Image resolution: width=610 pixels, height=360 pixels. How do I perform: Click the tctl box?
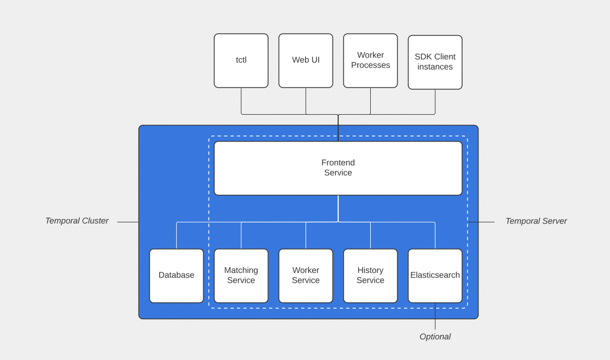(x=241, y=60)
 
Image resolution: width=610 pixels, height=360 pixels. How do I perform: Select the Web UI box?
(x=306, y=60)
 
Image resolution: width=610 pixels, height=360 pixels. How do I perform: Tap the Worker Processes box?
(x=370, y=60)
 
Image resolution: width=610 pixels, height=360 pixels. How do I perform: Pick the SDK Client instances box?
(x=435, y=62)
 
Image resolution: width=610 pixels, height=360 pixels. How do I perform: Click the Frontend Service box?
(x=338, y=168)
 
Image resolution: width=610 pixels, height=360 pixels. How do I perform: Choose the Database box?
(x=176, y=276)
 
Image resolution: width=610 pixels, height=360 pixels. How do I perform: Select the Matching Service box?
(x=241, y=276)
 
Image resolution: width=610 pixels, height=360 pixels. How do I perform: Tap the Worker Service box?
(x=306, y=276)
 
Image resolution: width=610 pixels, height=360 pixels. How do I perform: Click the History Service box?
(x=370, y=276)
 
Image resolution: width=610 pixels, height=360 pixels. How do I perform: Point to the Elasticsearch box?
(x=435, y=276)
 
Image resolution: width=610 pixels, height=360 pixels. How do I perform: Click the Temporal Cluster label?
(x=77, y=221)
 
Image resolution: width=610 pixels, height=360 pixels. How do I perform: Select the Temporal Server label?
(x=536, y=221)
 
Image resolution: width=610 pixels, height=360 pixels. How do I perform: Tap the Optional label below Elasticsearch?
(x=435, y=337)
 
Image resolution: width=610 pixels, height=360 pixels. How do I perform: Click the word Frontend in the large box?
(x=338, y=163)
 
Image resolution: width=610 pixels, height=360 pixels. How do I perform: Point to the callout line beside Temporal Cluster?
(x=128, y=222)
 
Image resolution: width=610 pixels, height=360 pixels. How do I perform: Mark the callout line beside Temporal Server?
(x=481, y=222)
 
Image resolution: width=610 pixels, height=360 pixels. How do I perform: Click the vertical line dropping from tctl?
(x=241, y=101)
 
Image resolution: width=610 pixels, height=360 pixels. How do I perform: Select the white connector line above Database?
(x=176, y=235)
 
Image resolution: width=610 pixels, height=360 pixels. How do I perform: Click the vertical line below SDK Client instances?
(x=435, y=102)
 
